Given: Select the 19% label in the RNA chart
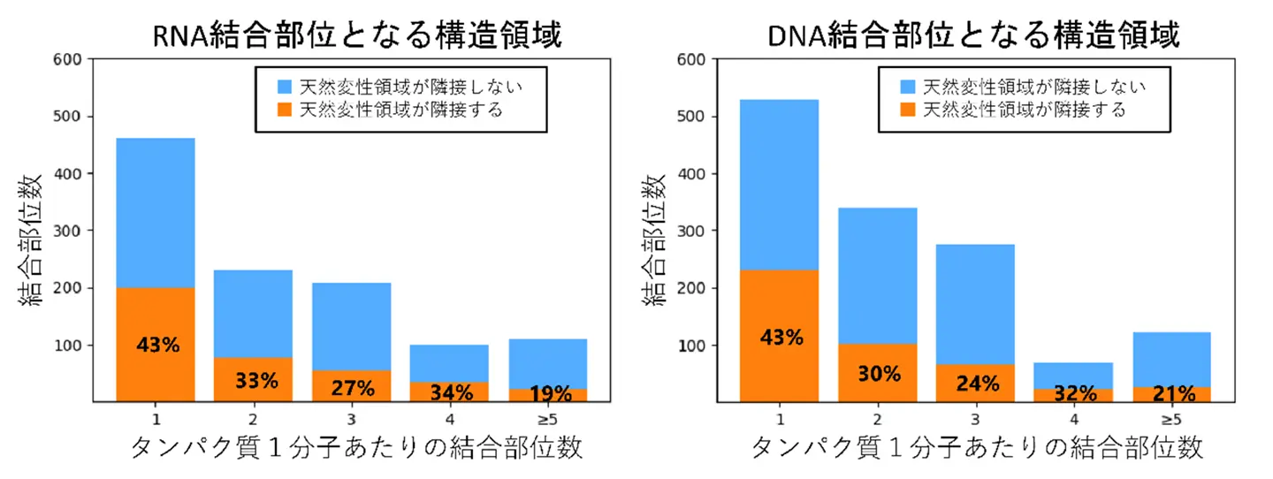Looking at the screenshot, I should [x=548, y=394].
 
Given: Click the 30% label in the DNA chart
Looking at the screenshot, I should [x=878, y=374].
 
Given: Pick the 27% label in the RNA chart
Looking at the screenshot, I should [x=352, y=387].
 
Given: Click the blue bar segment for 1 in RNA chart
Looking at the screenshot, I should [x=156, y=212].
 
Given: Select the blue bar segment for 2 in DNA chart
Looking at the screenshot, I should [x=878, y=275].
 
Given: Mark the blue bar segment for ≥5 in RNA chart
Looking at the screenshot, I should [x=548, y=363].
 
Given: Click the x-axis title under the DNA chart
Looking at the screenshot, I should [x=977, y=448].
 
